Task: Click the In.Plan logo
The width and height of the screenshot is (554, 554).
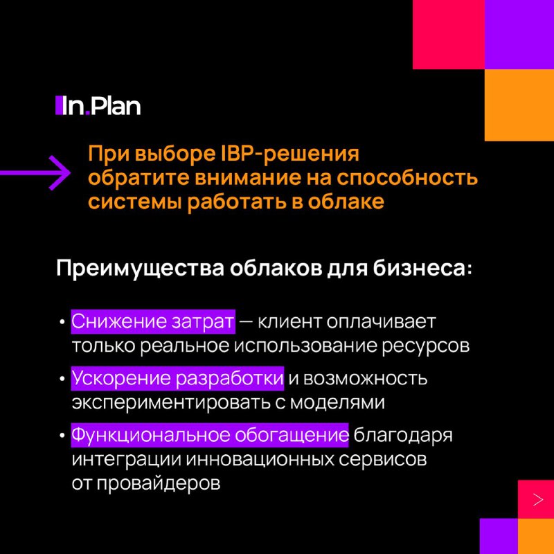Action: point(98,106)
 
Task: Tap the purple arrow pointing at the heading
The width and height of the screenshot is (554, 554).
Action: point(35,172)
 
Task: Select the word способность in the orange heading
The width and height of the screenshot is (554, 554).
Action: point(407,178)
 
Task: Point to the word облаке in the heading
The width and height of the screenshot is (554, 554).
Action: point(346,202)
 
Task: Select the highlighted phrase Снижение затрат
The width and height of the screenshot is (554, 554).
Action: point(153,321)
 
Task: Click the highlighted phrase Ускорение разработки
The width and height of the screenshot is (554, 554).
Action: point(177,379)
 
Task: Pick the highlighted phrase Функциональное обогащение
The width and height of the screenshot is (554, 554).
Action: point(210,435)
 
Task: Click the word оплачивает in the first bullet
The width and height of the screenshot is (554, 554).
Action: point(381,322)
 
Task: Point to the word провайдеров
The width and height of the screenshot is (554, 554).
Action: point(159,483)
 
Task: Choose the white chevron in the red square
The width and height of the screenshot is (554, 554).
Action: point(538,499)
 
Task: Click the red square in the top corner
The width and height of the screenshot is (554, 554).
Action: point(448,35)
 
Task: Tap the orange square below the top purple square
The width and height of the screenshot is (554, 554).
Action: point(519,105)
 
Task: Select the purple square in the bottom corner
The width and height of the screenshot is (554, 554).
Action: point(499,536)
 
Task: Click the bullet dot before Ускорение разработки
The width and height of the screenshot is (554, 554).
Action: point(62,379)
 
